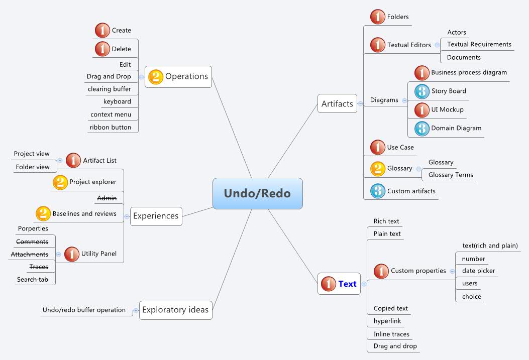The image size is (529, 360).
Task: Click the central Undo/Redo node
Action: [x=257, y=193]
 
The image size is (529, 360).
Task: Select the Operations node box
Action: [x=178, y=77]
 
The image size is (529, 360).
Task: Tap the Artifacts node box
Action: [x=337, y=104]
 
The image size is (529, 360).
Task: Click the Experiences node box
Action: [x=156, y=216]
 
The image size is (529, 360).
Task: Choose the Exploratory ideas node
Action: [x=175, y=310]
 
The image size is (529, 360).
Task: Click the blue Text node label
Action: [x=347, y=284]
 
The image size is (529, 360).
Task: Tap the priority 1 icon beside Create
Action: [x=102, y=31]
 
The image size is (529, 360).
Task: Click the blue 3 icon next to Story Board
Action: [x=422, y=91]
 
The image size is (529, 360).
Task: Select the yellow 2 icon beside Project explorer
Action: [x=60, y=182]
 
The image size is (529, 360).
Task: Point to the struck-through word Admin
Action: [x=107, y=198]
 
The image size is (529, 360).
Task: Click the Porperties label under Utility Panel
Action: [x=33, y=228]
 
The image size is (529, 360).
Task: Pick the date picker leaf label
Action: [x=478, y=271]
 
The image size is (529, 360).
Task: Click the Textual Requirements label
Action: [x=479, y=44]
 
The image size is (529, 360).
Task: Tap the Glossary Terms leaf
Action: [x=451, y=175]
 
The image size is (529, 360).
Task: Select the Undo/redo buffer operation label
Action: [x=84, y=310]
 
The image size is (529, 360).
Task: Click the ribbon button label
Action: [x=111, y=127]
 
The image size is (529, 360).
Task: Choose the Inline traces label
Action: [x=391, y=334]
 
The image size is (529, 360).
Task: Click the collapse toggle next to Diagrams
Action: [x=405, y=100]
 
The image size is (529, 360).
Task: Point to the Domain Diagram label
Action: [x=456, y=128]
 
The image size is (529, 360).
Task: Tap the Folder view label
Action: [x=33, y=167]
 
